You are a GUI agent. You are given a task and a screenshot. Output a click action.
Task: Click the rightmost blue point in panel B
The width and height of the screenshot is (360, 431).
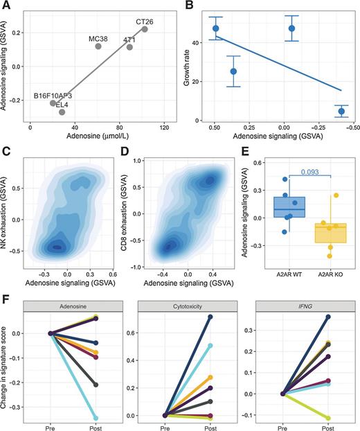(341, 111)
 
